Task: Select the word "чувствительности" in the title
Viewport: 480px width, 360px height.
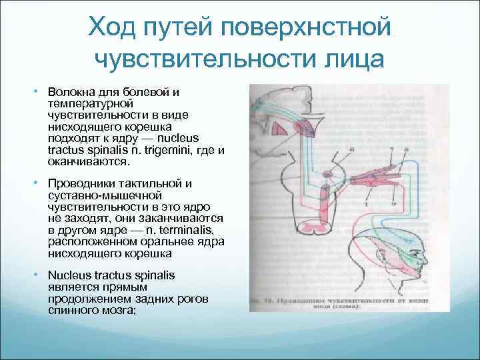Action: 200,59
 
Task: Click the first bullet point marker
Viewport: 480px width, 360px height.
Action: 39,91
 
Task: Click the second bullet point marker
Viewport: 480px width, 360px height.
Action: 39,183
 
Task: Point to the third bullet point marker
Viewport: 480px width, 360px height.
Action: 39,276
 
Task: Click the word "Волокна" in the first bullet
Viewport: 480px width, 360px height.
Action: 69,91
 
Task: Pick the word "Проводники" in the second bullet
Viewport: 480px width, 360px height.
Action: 80,184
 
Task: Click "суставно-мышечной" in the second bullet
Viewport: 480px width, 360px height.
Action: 101,196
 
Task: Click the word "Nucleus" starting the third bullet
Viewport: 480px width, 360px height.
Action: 67,276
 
